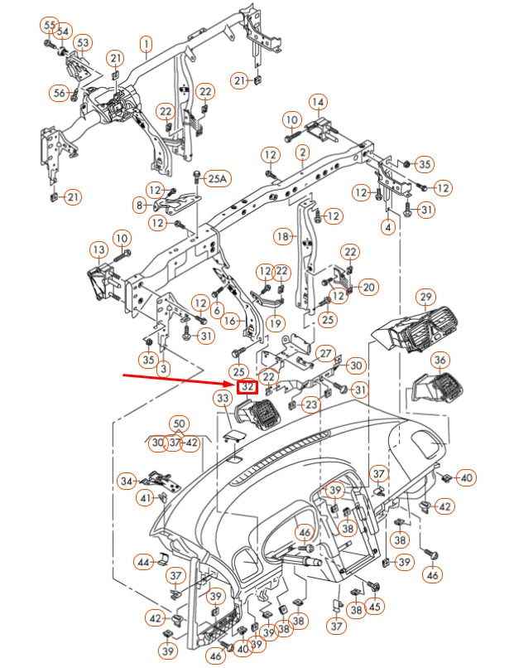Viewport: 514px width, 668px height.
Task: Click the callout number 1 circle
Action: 147,43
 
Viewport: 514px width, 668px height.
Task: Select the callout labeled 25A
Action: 217,177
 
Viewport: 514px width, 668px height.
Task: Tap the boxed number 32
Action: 247,387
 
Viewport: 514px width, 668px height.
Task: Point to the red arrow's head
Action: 234,385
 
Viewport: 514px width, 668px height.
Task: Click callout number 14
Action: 318,102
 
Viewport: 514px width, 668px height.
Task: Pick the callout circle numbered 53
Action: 83,42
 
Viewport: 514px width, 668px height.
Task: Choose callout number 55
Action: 50,25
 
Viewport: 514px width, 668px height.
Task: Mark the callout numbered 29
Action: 426,297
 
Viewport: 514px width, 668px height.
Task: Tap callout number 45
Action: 375,607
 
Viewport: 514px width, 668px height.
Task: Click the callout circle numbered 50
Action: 180,425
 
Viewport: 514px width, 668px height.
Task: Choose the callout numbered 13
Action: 98,249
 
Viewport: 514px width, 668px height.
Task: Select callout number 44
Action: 144,563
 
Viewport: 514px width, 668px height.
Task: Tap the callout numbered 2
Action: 303,153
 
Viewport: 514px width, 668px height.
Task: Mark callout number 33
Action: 223,399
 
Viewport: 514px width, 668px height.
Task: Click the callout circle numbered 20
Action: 368,287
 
